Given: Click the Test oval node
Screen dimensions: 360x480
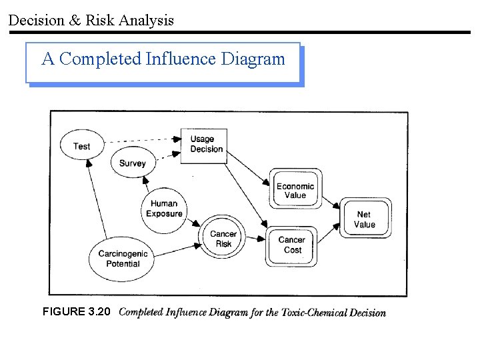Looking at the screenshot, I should (82, 146).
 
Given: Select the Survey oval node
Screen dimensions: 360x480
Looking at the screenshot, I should (132, 163).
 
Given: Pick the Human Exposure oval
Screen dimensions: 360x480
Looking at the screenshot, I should (164, 209).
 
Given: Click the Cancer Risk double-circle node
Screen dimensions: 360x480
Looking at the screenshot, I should (223, 239).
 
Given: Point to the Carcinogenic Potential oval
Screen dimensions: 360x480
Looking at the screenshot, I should (123, 259).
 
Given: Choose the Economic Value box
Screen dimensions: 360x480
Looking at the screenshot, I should (295, 191).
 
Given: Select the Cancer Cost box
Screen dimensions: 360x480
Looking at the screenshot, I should (292, 245).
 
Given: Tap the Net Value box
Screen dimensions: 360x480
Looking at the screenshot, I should (365, 219).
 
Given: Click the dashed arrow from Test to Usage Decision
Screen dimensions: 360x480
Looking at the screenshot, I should (143, 141).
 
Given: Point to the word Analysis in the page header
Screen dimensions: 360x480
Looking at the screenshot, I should (146, 21).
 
